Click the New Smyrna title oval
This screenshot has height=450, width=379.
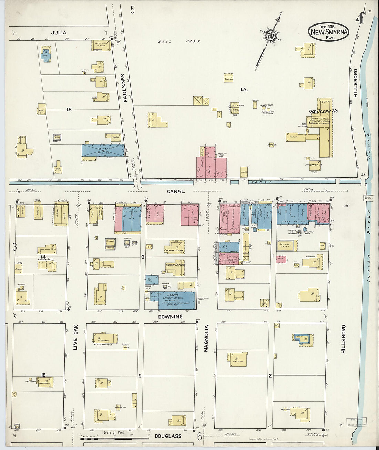pos(328,32)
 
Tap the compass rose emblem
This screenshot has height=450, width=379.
pos(269,35)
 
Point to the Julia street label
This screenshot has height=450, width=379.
pos(59,33)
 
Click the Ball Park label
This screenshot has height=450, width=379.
pos(179,41)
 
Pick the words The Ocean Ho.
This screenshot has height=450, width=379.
pos(323,111)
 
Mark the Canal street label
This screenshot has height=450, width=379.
pos(176,191)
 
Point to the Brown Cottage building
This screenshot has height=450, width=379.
pos(175,267)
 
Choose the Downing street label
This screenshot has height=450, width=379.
pos(170,317)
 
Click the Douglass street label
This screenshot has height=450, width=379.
pos(168,436)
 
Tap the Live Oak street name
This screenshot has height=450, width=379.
pos(76,338)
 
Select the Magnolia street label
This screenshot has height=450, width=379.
pos(206,338)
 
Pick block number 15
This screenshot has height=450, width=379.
pos(43,375)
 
